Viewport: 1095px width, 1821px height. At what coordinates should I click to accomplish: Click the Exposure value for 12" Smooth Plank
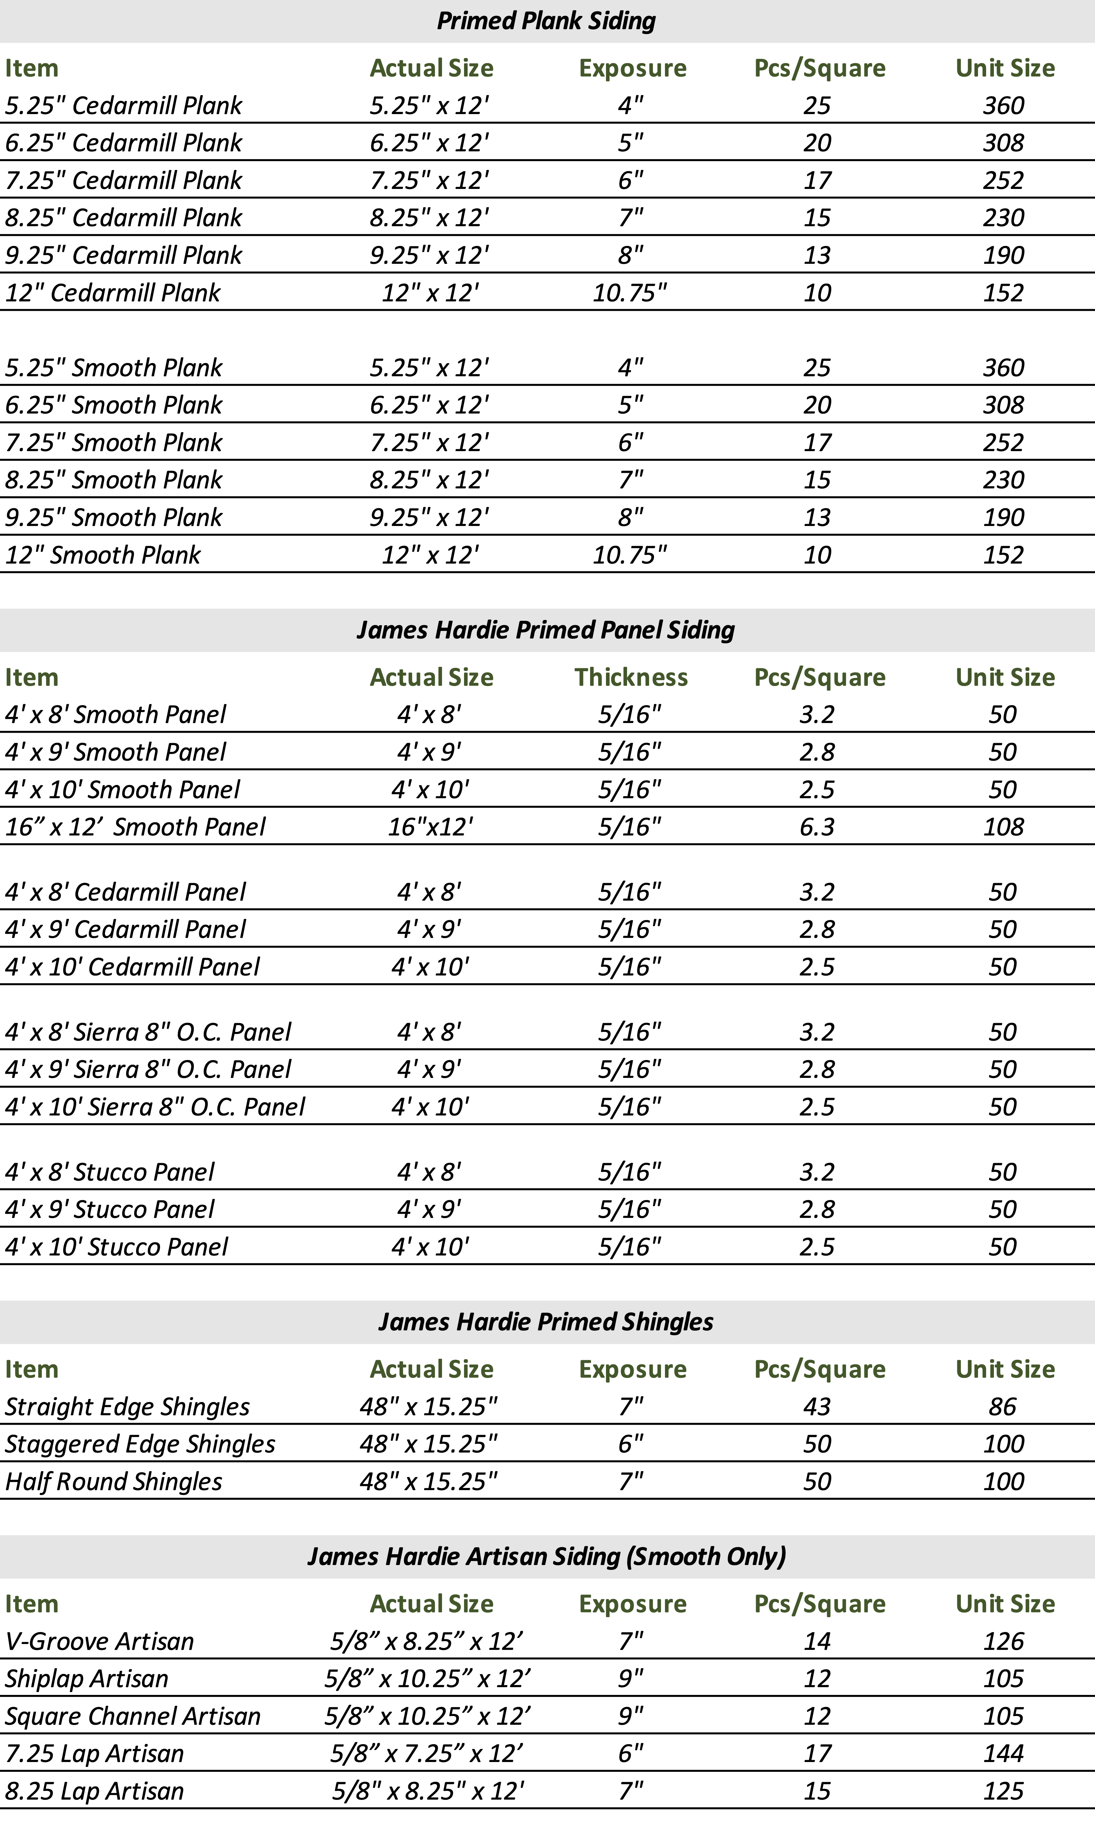pos(629,555)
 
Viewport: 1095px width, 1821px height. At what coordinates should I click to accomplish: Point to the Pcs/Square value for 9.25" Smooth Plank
pos(817,517)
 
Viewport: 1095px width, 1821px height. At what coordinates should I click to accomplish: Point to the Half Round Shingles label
pos(114,1482)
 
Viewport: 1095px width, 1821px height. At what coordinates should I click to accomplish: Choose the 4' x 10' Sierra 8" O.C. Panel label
pos(155,1107)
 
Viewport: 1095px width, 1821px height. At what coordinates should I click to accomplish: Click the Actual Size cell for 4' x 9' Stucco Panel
pos(429,1209)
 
